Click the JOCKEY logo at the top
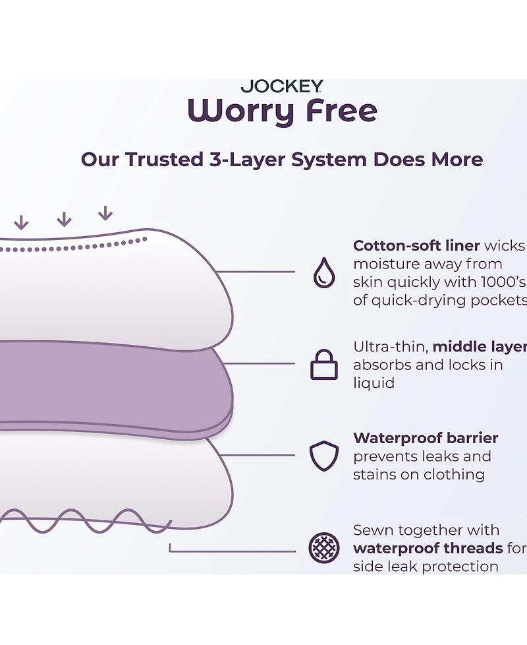point(282,86)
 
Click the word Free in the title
point(341,110)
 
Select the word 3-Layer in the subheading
point(247,160)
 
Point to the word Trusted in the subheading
point(164,160)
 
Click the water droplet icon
point(324,272)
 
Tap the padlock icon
point(323,365)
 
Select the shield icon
point(324,456)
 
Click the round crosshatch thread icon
point(324,548)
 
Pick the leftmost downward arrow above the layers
point(21,222)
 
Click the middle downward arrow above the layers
point(64,219)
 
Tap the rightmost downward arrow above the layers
point(105,213)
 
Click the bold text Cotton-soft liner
point(416,245)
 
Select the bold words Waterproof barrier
point(426,438)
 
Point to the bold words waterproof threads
point(428,549)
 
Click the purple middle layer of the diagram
point(115,386)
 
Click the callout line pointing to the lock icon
point(259,363)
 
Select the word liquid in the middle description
point(374,383)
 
